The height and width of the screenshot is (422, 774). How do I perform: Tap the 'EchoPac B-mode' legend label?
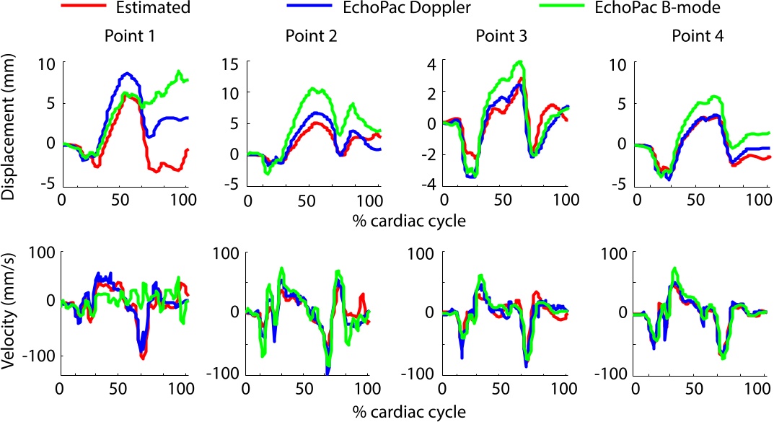point(682,9)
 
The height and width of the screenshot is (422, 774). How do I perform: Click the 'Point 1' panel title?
point(124,36)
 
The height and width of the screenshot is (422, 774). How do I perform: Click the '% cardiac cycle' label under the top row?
point(405,221)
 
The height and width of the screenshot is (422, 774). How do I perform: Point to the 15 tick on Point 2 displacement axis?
point(231,63)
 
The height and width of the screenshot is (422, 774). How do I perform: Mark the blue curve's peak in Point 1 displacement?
point(127,73)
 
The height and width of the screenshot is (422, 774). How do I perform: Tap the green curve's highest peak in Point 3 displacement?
point(519,62)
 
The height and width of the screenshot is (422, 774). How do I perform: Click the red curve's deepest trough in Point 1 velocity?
point(143,357)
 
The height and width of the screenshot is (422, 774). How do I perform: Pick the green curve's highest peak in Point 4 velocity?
point(675,268)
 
